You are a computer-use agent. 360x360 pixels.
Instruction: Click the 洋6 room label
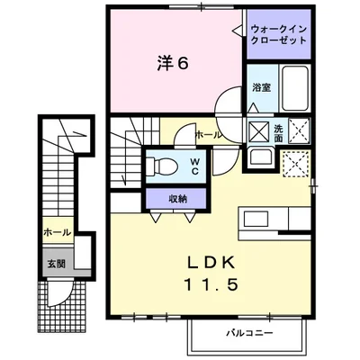coord(173,63)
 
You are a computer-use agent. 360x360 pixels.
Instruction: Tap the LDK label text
coord(211,263)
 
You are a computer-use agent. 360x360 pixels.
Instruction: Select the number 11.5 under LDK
coord(211,284)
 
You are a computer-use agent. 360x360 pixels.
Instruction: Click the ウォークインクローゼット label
coord(279,35)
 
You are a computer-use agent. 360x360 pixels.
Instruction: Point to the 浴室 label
coord(262,87)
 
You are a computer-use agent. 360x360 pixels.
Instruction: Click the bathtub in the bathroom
coord(295,88)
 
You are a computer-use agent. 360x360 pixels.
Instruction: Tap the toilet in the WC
coord(162,166)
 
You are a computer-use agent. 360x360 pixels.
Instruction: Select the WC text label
coord(194,166)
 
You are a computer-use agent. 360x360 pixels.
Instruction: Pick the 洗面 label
coord(278,133)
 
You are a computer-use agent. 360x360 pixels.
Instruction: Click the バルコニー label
coord(249,333)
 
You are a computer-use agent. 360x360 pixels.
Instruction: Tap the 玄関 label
coord(57,264)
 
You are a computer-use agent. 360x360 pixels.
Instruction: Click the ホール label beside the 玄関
coord(58,232)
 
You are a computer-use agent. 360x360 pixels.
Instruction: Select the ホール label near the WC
coord(209,135)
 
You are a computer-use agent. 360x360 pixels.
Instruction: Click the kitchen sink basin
coord(256,219)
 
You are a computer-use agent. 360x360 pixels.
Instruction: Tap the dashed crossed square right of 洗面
coord(299,130)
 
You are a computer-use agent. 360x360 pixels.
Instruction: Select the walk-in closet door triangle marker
coord(238,30)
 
